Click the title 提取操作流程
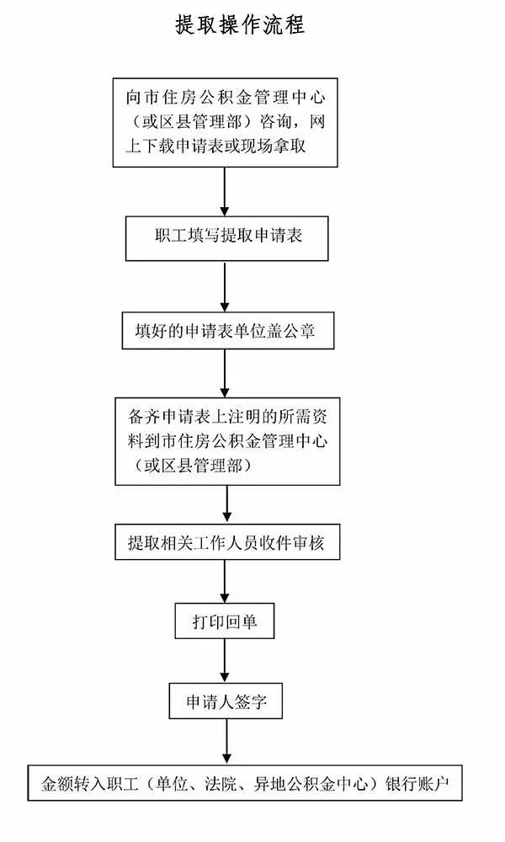click(x=240, y=25)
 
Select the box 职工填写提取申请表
click(x=227, y=238)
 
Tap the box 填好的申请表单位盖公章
click(x=227, y=330)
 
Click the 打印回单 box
click(x=225, y=621)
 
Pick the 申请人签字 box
click(x=226, y=701)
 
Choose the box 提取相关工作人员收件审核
click(x=227, y=542)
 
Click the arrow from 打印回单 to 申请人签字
click(x=225, y=660)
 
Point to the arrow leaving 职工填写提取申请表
click(x=225, y=286)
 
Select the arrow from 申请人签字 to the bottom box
click(x=226, y=742)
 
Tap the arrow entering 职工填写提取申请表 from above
click(x=225, y=192)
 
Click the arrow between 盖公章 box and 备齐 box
click(x=225, y=373)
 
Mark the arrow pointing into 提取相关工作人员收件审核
click(x=227, y=504)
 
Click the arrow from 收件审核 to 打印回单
click(x=225, y=581)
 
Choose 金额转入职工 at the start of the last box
click(x=89, y=784)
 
